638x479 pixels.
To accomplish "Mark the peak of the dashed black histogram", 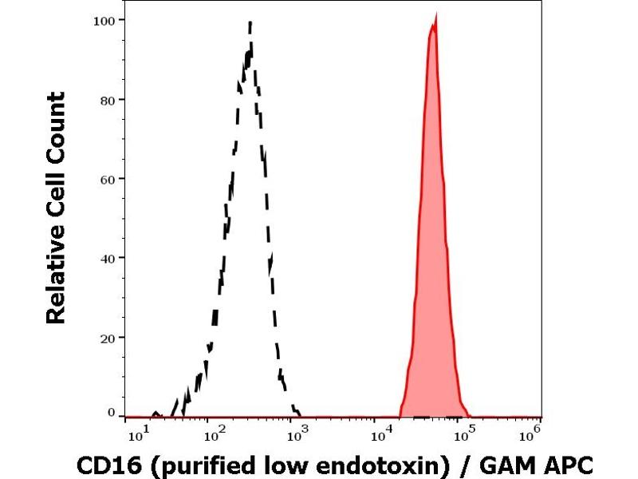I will pos(250,23).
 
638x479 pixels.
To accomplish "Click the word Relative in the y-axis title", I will pos(56,276).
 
